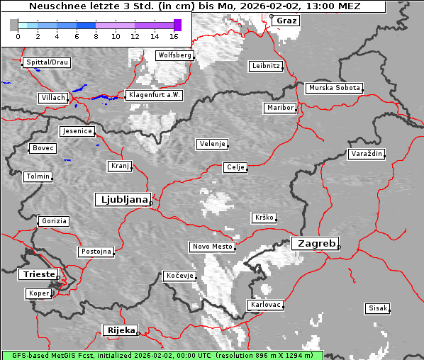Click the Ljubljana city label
click(x=122, y=199)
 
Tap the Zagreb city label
click(x=314, y=243)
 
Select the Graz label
click(x=286, y=21)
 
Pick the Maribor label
click(x=279, y=108)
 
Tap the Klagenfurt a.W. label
click(x=153, y=95)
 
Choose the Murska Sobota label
click(x=335, y=89)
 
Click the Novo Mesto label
click(x=212, y=247)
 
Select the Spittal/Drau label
click(x=47, y=62)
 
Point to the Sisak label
click(x=377, y=308)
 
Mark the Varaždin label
click(x=366, y=154)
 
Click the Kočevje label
click(x=179, y=276)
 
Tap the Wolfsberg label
click(x=174, y=55)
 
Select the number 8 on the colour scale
click(x=96, y=35)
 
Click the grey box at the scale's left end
click(x=14, y=25)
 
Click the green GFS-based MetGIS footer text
click(x=162, y=355)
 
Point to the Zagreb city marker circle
click(x=339, y=247)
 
